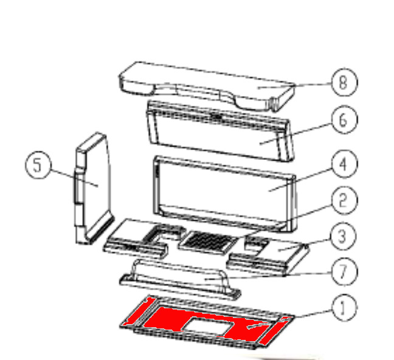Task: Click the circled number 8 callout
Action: (x=344, y=82)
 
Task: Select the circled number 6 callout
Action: (x=344, y=120)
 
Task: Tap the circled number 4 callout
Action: (x=344, y=164)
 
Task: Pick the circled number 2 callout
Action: (x=344, y=200)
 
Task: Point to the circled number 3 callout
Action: (x=343, y=237)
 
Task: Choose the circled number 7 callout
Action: (x=344, y=271)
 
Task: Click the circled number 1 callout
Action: (x=344, y=307)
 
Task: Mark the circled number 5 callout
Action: (x=38, y=165)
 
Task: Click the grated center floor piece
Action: (x=208, y=243)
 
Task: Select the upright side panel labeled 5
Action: (x=94, y=189)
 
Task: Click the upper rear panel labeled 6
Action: (x=219, y=131)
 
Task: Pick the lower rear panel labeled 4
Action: (x=224, y=193)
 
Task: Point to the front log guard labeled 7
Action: (x=179, y=279)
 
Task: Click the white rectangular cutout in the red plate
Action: (x=208, y=327)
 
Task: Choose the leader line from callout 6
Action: (x=295, y=134)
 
